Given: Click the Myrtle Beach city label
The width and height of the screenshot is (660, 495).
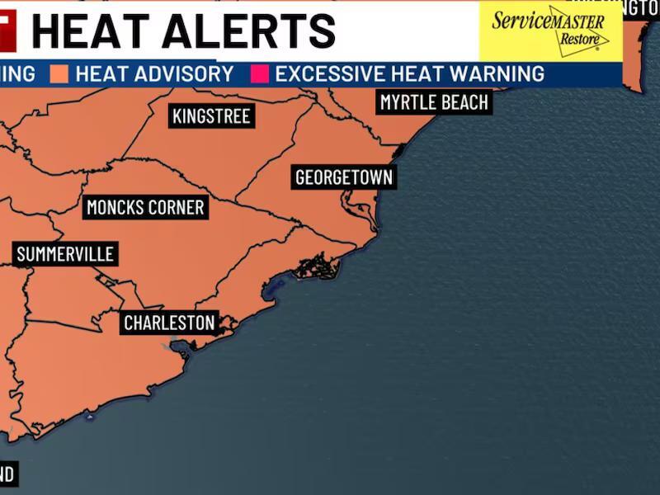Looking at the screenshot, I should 434,103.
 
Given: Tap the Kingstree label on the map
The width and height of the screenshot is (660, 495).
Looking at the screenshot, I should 211,116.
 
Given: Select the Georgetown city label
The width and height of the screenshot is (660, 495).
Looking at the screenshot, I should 344,177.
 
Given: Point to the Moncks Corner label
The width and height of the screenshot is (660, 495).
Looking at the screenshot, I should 145,207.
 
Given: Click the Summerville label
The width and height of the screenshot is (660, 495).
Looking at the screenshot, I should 65,254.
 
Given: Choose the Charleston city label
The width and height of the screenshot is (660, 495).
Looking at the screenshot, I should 169,323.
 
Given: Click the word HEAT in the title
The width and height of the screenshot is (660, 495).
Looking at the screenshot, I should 89,31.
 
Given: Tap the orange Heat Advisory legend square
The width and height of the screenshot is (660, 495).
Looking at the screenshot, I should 58,73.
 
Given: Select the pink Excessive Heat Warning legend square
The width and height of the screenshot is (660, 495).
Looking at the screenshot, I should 260,73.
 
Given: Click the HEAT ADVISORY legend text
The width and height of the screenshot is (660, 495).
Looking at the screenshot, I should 154,73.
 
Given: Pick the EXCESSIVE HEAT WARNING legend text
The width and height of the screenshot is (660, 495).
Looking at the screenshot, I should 409,73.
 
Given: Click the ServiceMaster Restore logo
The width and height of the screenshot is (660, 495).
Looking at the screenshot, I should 550,31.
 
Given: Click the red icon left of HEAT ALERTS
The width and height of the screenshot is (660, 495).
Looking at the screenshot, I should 7,31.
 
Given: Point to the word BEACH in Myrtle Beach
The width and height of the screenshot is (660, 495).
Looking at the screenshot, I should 463,103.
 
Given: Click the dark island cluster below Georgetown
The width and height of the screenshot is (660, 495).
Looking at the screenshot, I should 318,266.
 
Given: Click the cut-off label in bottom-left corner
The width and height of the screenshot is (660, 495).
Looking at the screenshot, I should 7,474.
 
